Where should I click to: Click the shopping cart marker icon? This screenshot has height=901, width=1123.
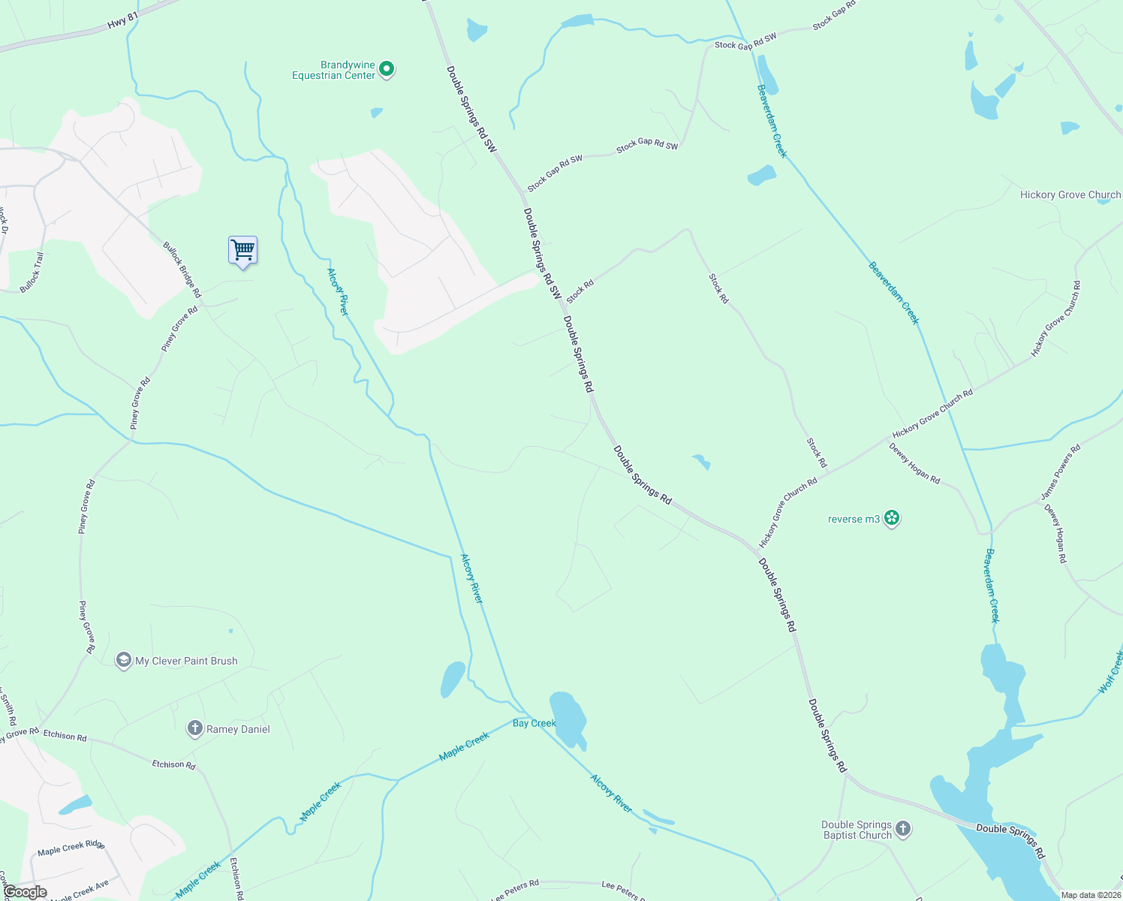point(242,250)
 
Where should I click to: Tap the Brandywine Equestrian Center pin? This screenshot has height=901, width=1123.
point(387,69)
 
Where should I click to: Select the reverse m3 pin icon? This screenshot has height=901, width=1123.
point(892,518)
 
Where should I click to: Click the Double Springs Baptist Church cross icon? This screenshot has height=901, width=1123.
point(903,829)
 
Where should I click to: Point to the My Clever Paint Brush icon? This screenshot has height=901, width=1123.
point(123,660)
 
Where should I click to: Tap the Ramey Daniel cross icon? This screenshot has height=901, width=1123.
point(194,728)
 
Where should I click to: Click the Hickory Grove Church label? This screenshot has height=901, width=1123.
point(1070,194)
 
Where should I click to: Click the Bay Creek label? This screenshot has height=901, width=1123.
point(534,723)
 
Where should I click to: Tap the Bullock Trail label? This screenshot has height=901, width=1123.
point(32,272)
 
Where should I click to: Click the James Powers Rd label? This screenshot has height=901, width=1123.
point(1061,472)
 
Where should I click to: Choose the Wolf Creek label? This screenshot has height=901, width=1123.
point(1111,672)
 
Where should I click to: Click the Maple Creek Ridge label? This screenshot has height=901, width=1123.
point(71,847)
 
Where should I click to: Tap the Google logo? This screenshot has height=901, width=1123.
point(25,892)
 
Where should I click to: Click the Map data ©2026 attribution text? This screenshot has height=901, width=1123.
point(1090,895)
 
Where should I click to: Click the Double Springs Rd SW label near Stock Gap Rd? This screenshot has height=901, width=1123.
point(471,110)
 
